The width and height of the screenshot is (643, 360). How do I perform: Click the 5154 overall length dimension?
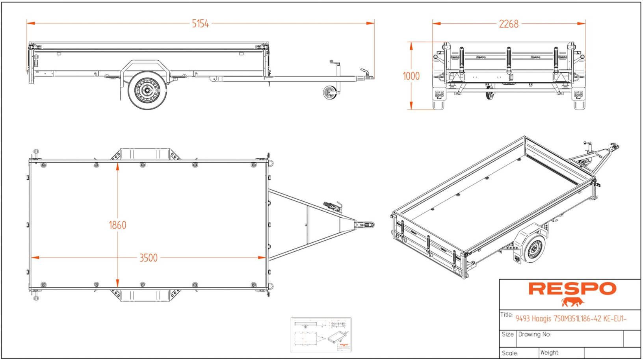[x=200, y=24]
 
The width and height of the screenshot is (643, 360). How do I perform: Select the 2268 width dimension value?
[x=509, y=24]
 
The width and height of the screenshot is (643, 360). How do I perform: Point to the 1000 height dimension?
[x=411, y=76]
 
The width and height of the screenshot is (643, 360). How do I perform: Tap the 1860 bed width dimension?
[x=117, y=225]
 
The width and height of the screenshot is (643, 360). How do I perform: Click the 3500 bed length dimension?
[x=148, y=258]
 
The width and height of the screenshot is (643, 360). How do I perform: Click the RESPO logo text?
[x=572, y=289]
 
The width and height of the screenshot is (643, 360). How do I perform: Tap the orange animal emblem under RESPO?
[x=572, y=302]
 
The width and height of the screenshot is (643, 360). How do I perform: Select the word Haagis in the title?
[x=541, y=319]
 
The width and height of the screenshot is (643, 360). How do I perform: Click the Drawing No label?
[x=534, y=334]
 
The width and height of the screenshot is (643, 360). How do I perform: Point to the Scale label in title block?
[x=509, y=353]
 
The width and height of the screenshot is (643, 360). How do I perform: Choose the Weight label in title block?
[x=549, y=353]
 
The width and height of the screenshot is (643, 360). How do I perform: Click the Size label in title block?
[x=507, y=334]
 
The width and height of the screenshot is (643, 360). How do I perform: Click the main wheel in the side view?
[x=147, y=91]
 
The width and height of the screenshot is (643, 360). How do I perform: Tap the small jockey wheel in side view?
[x=330, y=93]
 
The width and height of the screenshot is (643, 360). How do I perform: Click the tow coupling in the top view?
[x=366, y=225]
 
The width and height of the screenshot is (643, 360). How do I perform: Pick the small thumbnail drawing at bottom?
[x=321, y=334]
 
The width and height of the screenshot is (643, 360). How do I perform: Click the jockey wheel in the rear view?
[x=489, y=95]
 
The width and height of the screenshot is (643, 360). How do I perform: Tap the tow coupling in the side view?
[x=366, y=74]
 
